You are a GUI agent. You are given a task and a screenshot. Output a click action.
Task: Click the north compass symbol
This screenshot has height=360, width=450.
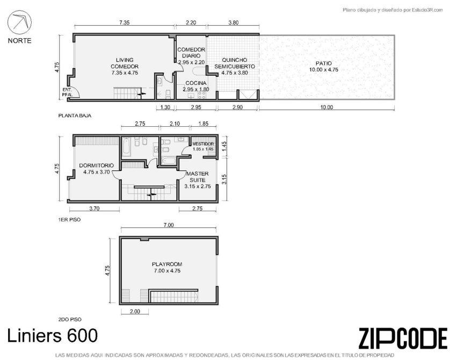click(x=19, y=23)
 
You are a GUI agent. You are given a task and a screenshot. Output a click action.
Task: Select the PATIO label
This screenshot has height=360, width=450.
click(x=324, y=63)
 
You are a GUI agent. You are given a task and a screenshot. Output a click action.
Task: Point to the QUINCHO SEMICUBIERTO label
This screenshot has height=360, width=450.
click(x=235, y=63)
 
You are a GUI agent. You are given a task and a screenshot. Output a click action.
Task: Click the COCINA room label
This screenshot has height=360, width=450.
click(x=196, y=83)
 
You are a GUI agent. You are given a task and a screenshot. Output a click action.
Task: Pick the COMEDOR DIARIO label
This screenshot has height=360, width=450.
click(x=191, y=53)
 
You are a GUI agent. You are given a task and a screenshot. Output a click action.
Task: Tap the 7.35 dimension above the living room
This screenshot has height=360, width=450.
click(x=124, y=23)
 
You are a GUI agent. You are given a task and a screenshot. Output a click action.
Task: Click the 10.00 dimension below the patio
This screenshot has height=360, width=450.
click(x=326, y=107)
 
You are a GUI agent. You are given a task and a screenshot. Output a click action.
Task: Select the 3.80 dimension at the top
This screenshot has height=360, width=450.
click(x=233, y=23)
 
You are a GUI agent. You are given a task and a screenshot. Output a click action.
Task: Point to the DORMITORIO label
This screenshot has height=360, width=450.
click(x=97, y=165)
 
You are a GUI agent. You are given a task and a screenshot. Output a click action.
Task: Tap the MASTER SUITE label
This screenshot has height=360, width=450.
click(x=198, y=177)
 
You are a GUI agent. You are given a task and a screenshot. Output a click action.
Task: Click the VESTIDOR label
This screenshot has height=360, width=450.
click(x=203, y=144)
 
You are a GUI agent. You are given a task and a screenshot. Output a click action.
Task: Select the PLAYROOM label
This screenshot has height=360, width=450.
click(x=167, y=264)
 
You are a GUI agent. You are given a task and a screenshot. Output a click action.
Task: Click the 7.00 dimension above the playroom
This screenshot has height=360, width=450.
click(x=169, y=225)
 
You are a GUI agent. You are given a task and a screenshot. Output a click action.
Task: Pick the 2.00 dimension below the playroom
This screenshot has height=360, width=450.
click(x=135, y=312)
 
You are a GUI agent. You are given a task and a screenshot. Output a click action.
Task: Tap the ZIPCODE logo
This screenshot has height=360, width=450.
click(x=403, y=338)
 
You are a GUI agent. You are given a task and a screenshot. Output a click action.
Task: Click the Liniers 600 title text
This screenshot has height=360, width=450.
click(x=52, y=336)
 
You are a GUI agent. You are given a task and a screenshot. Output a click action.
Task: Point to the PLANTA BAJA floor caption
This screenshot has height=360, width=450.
click(x=75, y=116)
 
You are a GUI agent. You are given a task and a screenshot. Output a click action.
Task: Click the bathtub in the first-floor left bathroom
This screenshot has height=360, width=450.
click(x=126, y=147)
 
